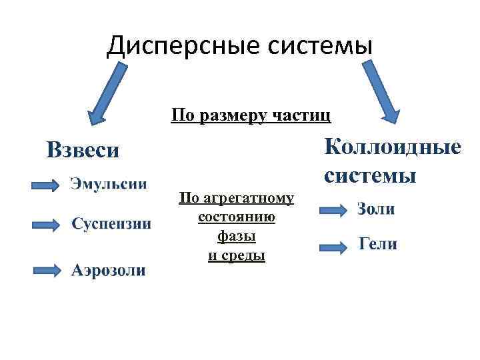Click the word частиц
tap(305, 115)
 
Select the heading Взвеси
tap(83, 149)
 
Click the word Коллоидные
tap(393, 146)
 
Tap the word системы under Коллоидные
tap(371, 175)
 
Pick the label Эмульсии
tap(109, 183)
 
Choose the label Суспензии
tap(111, 223)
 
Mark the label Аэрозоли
tap(108, 270)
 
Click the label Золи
tap(376, 209)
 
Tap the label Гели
tap(378, 244)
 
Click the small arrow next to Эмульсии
tap(45, 185)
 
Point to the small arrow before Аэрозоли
tap(45, 270)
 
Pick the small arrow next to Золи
tap(333, 211)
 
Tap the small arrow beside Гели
tap(333, 247)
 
